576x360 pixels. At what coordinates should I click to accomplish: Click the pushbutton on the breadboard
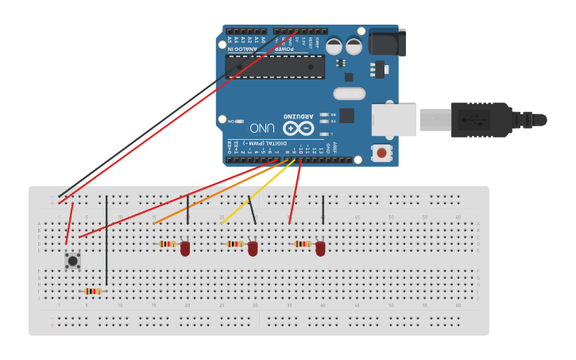tap(72, 260)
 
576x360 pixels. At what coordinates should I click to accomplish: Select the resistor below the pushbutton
tap(93, 292)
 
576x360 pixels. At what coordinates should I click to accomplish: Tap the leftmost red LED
tap(185, 249)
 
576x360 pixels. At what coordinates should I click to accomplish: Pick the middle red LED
tap(253, 249)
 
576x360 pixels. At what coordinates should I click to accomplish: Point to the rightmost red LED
tap(320, 249)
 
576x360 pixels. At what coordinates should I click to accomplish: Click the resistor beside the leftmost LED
tap(168, 244)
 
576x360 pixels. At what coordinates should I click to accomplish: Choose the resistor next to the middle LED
tap(235, 244)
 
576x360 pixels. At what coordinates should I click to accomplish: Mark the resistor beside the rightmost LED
tap(303, 244)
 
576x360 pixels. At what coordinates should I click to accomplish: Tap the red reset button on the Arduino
tap(382, 152)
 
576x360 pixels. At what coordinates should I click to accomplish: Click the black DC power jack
tap(387, 42)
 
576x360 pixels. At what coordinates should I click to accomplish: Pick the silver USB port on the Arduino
tap(394, 120)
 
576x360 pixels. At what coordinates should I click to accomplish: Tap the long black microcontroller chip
tap(275, 67)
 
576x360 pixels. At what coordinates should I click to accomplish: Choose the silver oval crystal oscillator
tap(350, 94)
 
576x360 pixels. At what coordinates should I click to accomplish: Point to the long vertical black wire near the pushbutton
tap(106, 238)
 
